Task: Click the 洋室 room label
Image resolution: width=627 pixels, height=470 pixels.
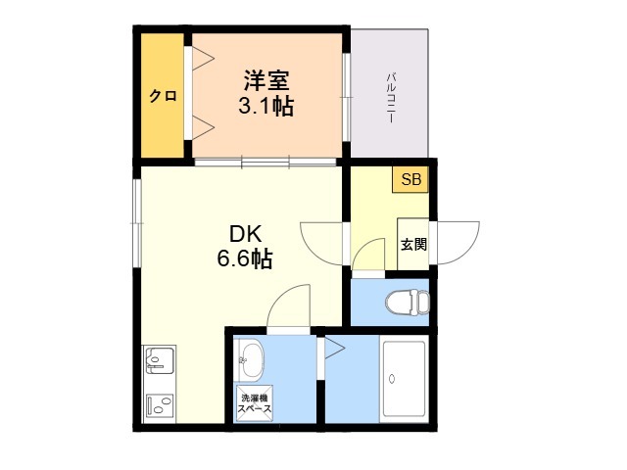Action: click(x=266, y=80)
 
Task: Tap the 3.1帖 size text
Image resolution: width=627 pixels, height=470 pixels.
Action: click(x=266, y=107)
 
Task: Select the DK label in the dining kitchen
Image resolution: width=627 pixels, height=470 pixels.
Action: click(x=245, y=234)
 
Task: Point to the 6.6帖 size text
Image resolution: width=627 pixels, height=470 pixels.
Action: click(x=245, y=258)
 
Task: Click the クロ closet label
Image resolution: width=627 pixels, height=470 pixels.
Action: click(x=163, y=96)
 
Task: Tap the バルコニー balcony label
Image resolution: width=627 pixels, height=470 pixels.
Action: click(x=391, y=98)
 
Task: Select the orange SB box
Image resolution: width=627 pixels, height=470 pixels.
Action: click(x=410, y=179)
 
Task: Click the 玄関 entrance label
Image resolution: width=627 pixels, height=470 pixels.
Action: click(x=413, y=244)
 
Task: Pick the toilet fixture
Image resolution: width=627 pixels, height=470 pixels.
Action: click(x=408, y=302)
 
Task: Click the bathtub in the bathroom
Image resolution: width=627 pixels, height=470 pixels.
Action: click(x=404, y=379)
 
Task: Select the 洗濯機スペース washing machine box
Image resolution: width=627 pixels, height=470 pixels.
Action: click(x=255, y=403)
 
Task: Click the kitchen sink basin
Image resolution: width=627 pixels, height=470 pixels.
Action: click(x=160, y=360)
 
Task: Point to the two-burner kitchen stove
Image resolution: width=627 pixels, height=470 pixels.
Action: click(x=160, y=405)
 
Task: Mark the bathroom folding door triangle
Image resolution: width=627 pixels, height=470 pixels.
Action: click(x=335, y=348)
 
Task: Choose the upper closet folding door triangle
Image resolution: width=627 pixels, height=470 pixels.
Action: click(x=203, y=59)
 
